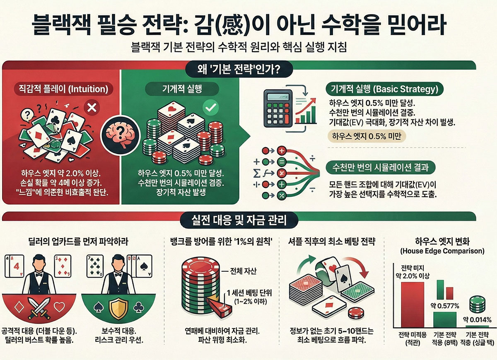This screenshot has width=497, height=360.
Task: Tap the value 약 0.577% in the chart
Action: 445,306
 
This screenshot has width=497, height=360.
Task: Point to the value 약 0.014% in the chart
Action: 477,319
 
